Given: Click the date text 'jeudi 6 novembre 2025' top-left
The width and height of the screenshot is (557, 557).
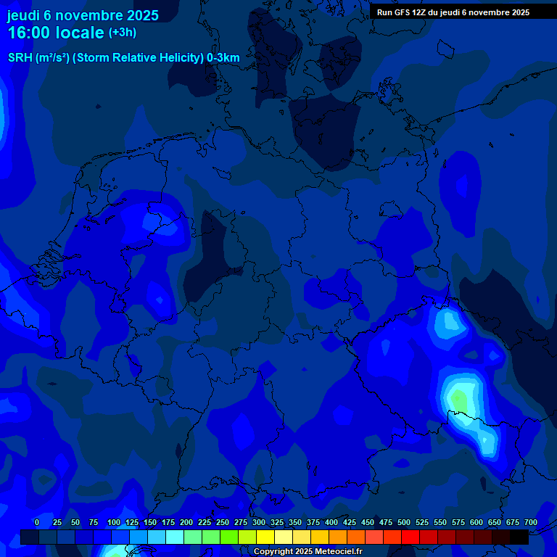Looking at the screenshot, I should click(83, 15).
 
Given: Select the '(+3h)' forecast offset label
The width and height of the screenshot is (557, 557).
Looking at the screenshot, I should click(123, 33).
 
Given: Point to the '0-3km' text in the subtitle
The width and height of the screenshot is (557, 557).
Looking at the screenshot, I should click(223, 58).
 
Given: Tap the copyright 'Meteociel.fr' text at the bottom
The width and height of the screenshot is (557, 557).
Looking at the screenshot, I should click(338, 552).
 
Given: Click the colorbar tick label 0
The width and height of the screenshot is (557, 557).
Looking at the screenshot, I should click(37, 523).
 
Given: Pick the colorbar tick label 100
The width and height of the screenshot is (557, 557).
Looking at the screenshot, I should click(113, 523).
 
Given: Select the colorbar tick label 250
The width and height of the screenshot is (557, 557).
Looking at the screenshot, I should click(222, 523).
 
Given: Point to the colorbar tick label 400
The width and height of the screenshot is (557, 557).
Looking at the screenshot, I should click(331, 523).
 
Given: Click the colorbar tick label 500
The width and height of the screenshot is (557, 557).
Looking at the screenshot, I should click(403, 523).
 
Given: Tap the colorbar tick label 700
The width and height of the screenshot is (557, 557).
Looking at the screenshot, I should click(530, 523).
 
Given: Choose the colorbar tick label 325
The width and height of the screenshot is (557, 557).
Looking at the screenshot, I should click(276, 523).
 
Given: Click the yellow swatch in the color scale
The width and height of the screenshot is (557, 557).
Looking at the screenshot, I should click(265, 537).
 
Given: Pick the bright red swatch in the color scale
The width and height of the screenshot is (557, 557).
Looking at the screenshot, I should click(410, 537).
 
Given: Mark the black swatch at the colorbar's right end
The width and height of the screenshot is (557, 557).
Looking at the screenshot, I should click(519, 537).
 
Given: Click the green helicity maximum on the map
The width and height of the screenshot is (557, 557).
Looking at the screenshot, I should click(458, 398).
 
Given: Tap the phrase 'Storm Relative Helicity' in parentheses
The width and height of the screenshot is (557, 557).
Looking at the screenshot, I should click(138, 58).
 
